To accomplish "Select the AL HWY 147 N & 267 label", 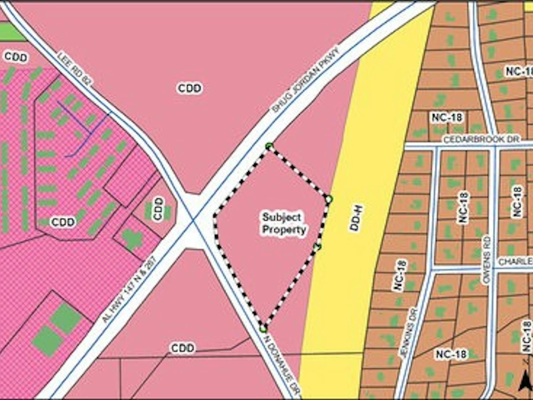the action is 129,289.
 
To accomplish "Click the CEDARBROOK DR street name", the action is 481,139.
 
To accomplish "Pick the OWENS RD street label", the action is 486,260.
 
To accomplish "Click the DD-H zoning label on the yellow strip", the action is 356,218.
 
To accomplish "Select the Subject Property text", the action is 284,223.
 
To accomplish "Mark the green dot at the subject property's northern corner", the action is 269,146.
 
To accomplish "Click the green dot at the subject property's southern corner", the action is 263,328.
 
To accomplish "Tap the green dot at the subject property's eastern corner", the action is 329,199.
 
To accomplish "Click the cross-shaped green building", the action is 132,239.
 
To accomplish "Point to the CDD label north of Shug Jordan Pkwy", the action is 189,88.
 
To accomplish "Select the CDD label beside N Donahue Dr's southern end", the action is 183,347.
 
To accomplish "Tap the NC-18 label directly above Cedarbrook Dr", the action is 447,117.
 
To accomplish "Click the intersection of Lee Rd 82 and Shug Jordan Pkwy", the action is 193,221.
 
